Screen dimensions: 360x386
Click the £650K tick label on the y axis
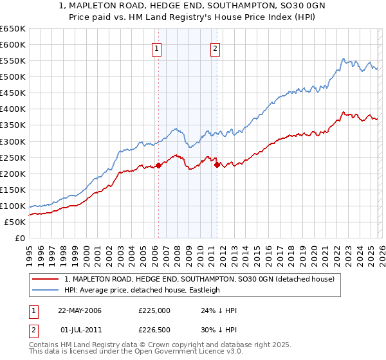pos(13,29)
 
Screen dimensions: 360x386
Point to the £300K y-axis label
pos(13,141)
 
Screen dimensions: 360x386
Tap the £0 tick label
pos(19,238)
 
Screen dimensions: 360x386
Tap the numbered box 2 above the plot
pos(215,47)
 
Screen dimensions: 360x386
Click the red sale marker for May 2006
pos(158,165)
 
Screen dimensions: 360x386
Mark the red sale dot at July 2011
pos(217,165)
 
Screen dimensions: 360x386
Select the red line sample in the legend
pos(46,280)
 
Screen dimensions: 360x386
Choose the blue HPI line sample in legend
pos(46,290)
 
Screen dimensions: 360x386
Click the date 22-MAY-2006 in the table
pos(80,310)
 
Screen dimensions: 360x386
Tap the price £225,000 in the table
pos(154,310)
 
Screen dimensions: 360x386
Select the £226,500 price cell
pos(154,331)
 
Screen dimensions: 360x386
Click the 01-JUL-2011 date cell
pos(80,331)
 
